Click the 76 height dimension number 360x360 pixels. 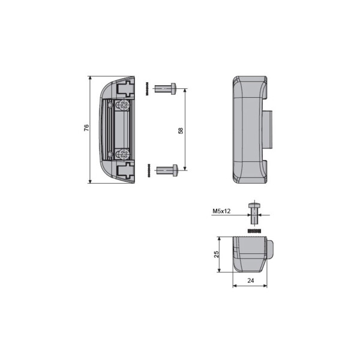[x=86, y=128]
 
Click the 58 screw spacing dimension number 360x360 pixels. [x=181, y=130]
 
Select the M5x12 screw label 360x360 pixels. [x=221, y=212]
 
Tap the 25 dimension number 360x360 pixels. [x=217, y=254]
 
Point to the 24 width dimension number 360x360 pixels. [x=249, y=280]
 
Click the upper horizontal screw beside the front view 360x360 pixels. [x=163, y=89]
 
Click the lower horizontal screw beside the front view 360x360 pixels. [x=166, y=170]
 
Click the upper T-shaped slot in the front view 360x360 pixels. [x=125, y=89]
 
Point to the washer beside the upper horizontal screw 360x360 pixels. [x=146, y=90]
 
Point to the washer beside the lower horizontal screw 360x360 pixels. [x=146, y=170]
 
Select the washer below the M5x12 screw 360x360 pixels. [x=254, y=230]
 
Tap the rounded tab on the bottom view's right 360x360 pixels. [x=270, y=248]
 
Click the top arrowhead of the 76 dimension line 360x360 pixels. [x=90, y=79]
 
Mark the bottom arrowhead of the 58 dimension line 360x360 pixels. [x=185, y=169]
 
